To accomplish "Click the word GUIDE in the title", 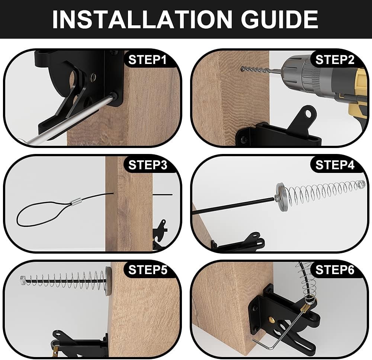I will tap(279, 19).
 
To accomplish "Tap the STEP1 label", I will tap(148, 60).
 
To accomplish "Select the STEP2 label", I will tap(335, 60).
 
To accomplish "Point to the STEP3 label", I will tap(148, 165).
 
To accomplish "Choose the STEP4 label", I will tap(335, 165).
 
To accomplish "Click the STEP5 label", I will tap(148, 270).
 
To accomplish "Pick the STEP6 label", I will tap(335, 270).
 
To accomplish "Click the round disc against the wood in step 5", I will tap(108, 281).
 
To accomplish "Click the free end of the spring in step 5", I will tap(22, 279).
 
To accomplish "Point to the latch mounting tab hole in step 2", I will tap(308, 110).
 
